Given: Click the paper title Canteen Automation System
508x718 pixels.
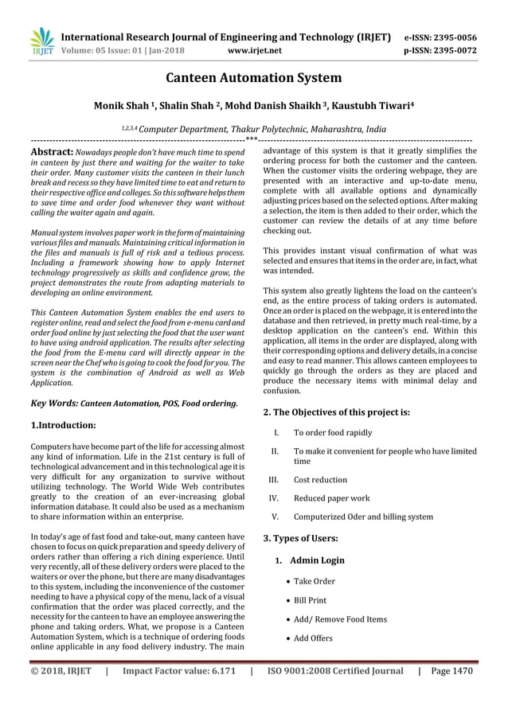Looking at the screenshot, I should (x=253, y=78).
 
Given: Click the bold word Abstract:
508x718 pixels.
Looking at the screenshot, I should (x=53, y=150).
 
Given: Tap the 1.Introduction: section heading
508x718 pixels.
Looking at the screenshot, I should (x=63, y=426).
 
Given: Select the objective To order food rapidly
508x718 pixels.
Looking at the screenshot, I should (x=333, y=433).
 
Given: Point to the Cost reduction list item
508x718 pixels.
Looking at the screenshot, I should (x=320, y=480).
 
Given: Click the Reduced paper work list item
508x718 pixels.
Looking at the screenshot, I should (x=331, y=498).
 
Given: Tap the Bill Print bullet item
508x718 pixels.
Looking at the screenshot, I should (x=310, y=600).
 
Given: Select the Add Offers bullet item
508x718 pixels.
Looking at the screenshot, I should (x=313, y=638).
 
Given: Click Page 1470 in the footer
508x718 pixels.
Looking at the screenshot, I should (x=451, y=670).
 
